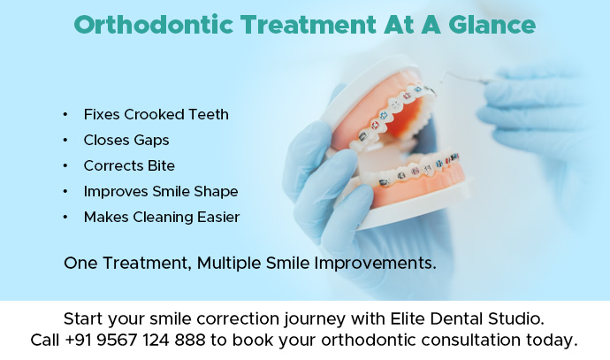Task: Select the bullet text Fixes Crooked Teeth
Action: click(x=156, y=114)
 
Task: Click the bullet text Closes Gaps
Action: click(x=126, y=140)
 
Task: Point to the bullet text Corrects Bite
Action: click(x=129, y=165)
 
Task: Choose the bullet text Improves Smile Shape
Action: click(x=161, y=191)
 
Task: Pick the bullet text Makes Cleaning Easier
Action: click(x=162, y=217)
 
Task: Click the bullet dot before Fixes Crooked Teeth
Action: click(x=65, y=115)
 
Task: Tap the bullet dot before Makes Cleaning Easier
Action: click(x=65, y=218)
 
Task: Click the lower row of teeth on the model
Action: click(x=416, y=172)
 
